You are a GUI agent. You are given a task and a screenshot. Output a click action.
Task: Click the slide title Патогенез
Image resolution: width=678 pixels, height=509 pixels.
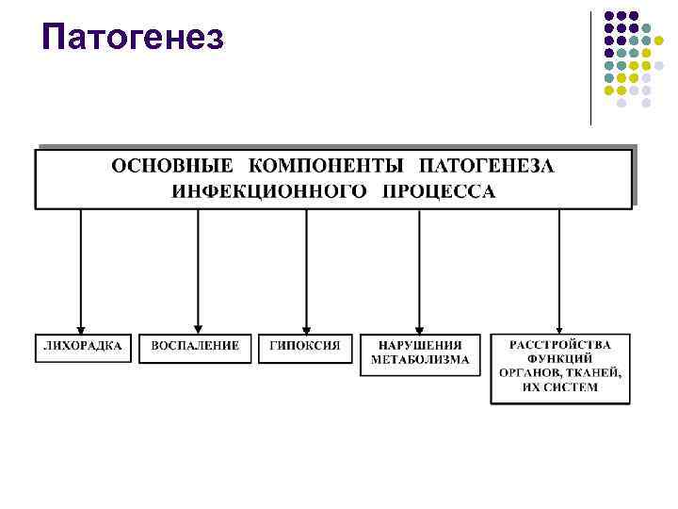pyautogui.click(x=132, y=38)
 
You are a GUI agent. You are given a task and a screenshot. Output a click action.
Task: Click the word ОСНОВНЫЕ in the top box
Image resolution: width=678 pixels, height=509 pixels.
pyautogui.click(x=171, y=167)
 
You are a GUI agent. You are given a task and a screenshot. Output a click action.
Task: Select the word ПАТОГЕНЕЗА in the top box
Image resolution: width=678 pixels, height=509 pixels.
pyautogui.click(x=487, y=167)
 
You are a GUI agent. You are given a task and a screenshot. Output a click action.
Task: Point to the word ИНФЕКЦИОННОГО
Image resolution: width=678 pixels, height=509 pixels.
pyautogui.click(x=269, y=191)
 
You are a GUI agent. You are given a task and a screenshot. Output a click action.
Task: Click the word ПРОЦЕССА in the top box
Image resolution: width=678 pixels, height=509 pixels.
pyautogui.click(x=439, y=191)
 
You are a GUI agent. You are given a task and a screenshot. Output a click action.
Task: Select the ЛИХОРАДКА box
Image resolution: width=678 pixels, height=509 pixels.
pyautogui.click(x=83, y=346)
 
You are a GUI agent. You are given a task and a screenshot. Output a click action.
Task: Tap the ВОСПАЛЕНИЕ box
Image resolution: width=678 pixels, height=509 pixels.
pyautogui.click(x=196, y=346)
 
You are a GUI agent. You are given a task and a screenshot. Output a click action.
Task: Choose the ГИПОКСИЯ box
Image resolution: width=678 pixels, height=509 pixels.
pyautogui.click(x=306, y=346)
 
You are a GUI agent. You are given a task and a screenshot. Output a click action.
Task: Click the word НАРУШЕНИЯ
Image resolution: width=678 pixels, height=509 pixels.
pyautogui.click(x=420, y=346)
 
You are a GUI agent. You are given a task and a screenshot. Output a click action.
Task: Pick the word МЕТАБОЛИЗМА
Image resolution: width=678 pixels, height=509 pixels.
pyautogui.click(x=420, y=360)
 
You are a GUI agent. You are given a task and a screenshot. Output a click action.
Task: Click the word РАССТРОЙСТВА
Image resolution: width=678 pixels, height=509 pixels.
pyautogui.click(x=560, y=345)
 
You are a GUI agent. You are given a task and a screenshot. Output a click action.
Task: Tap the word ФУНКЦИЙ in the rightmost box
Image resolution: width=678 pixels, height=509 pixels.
pyautogui.click(x=560, y=359)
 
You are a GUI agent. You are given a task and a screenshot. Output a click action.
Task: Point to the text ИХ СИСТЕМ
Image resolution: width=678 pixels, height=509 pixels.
pyautogui.click(x=560, y=387)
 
